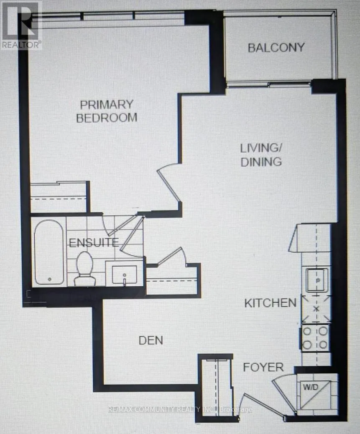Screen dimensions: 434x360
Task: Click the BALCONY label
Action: click(x=276, y=47)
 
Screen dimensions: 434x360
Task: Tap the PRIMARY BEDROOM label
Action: click(x=106, y=111)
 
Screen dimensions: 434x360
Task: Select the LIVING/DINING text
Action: click(x=260, y=155)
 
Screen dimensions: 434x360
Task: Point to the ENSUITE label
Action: click(x=94, y=242)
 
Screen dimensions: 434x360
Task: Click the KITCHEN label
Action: click(x=271, y=303)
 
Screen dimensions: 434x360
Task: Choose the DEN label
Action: click(x=151, y=340)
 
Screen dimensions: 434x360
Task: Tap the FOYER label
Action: click(x=263, y=367)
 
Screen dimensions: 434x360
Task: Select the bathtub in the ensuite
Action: click(x=49, y=252)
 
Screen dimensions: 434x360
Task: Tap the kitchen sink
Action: click(x=316, y=280)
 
